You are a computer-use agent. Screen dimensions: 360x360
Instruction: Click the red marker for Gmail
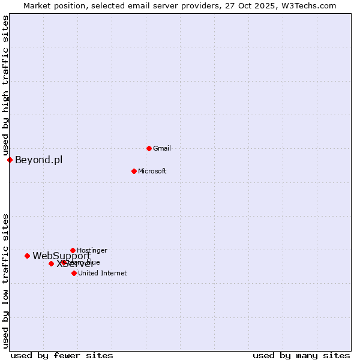(x=149, y=148)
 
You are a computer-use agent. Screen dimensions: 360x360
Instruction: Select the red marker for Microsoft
(x=134, y=171)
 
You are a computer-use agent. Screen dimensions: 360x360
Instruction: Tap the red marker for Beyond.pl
(x=10, y=160)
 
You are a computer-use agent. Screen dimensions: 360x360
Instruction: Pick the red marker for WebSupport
(x=27, y=256)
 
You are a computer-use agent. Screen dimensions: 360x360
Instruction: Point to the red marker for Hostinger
(x=73, y=250)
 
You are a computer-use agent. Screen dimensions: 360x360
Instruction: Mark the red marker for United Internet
(x=74, y=273)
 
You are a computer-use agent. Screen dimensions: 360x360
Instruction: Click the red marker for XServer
(x=51, y=263)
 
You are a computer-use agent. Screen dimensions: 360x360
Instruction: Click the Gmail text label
(x=162, y=148)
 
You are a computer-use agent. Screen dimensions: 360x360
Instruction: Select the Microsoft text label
(x=152, y=171)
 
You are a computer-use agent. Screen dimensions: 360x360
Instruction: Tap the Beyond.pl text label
(x=38, y=160)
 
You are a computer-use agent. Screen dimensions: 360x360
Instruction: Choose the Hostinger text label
(x=92, y=250)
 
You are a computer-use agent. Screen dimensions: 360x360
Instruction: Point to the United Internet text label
(x=102, y=273)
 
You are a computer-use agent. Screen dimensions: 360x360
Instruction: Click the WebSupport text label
(x=61, y=256)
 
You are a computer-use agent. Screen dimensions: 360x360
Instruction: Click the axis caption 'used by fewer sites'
(x=62, y=355)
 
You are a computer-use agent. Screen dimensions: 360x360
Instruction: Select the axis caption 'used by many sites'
(x=301, y=355)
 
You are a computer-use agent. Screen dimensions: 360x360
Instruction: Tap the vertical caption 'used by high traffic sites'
(x=5, y=85)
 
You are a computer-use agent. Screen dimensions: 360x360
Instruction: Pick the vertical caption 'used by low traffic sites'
(x=5, y=281)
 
